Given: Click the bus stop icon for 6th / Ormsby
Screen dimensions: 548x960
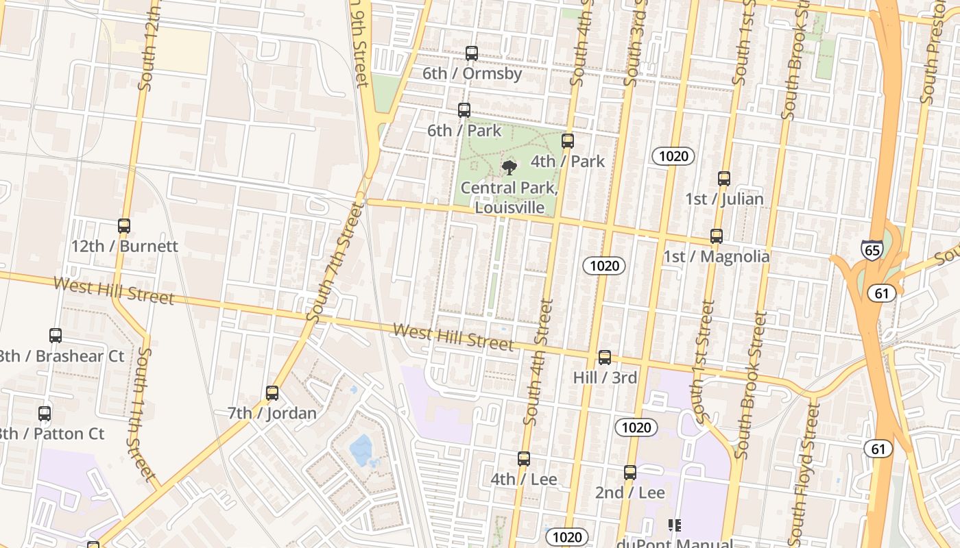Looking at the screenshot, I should (x=471, y=53).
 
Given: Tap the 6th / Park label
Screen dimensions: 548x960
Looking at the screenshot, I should (x=464, y=130).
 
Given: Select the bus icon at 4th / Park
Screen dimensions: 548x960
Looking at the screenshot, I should (x=567, y=141).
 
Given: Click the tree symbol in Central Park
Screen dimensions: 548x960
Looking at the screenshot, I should (x=509, y=167).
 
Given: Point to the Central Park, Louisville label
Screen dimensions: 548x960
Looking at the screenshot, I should (x=509, y=197).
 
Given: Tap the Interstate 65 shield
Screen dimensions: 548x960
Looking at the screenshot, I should (x=872, y=250).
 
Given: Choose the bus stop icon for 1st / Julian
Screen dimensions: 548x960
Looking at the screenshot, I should (x=724, y=179).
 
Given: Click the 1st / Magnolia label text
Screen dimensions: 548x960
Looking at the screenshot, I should (x=716, y=257).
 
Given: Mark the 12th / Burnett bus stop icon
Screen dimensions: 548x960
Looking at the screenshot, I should (x=124, y=225).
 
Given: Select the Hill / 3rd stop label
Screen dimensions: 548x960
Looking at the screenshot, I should (x=605, y=377).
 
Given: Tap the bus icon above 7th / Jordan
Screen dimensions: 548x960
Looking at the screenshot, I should (x=272, y=393).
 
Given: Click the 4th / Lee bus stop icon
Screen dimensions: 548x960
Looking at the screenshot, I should (x=524, y=459).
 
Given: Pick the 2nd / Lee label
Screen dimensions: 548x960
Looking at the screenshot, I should (x=629, y=493).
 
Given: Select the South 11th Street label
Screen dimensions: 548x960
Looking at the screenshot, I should (x=140, y=414).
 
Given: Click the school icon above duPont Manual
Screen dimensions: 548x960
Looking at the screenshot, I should (x=674, y=525).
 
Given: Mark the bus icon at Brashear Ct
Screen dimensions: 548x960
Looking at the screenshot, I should (x=56, y=336).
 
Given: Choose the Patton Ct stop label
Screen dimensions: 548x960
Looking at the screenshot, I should (x=51, y=434).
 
